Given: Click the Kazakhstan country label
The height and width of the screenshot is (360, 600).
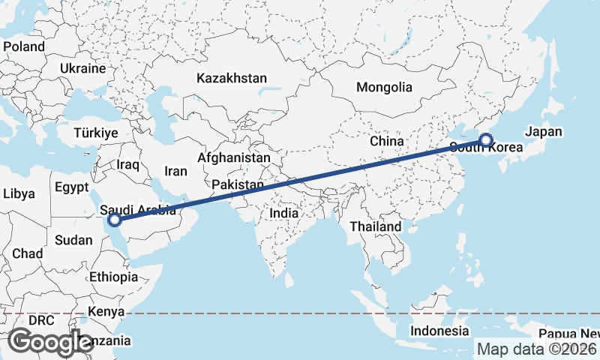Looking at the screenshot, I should (232, 78).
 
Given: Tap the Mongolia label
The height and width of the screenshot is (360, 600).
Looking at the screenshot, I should (384, 87).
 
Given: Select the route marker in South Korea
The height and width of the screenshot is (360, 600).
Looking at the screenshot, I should (486, 140).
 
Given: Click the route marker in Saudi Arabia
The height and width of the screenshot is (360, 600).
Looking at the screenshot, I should (115, 220).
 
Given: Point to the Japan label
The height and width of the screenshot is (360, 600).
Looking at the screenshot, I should (544, 131).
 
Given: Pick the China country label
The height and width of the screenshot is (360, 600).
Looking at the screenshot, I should (387, 141).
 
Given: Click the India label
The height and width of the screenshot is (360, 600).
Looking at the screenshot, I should (284, 213).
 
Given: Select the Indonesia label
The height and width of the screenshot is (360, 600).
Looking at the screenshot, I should (439, 331).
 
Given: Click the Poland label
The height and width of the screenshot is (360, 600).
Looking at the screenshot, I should (24, 46).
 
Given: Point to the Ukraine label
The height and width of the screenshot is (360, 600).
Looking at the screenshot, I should (82, 68).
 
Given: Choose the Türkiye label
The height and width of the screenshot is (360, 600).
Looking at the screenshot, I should (96, 133).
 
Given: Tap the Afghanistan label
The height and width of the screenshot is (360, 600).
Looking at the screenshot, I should (233, 158).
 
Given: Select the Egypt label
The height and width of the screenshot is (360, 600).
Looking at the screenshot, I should (72, 187).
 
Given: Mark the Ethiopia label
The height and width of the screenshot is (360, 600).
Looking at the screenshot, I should (113, 277).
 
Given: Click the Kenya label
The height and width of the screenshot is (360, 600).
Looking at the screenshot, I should (106, 310).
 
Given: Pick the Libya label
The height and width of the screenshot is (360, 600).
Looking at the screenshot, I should (19, 193).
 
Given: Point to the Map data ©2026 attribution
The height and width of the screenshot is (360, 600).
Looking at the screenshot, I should (537, 349).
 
